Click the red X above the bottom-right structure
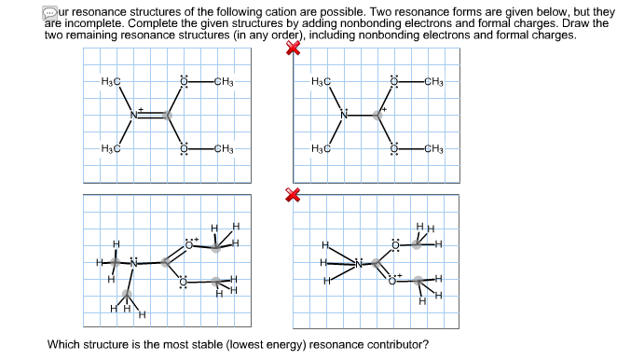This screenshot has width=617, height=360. (293, 194)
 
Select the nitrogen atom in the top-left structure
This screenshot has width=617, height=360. (133, 115)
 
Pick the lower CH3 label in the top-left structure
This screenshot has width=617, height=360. (223, 149)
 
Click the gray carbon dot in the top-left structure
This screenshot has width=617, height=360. (168, 116)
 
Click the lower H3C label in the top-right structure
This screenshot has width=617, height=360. (320, 149)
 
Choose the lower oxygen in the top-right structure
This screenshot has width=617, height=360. (393, 149)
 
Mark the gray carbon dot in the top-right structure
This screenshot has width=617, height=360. (377, 116)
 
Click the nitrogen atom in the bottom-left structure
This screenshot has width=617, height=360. (133, 264)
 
